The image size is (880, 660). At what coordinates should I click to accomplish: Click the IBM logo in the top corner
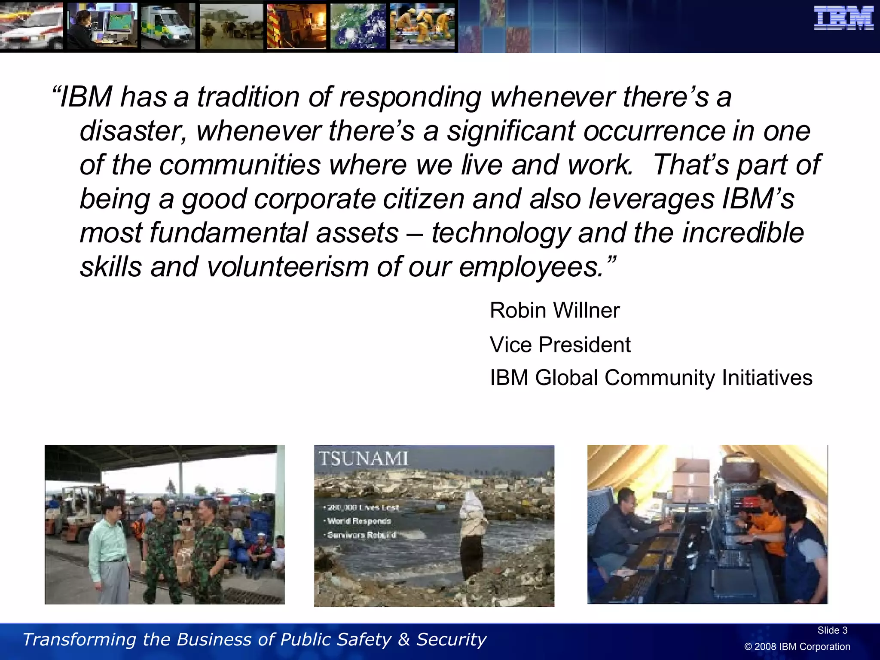843,18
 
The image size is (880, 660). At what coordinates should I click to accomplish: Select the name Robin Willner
554,310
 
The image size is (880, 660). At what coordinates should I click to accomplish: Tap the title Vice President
560,345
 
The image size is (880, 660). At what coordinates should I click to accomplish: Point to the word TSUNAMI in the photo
363,458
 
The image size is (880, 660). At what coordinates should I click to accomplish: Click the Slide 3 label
832,630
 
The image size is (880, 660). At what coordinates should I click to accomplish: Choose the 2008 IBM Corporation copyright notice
797,647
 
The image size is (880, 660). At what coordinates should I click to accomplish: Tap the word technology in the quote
501,233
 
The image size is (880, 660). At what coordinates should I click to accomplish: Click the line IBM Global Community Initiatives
651,378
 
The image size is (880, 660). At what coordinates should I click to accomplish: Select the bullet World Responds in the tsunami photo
359,521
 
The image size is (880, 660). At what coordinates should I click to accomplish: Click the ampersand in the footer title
403,639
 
